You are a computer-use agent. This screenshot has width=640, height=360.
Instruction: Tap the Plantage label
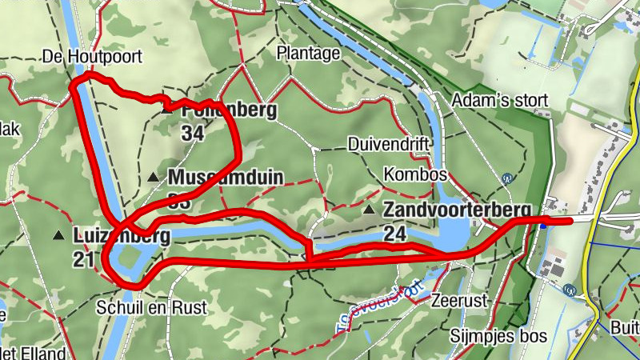click(308, 54)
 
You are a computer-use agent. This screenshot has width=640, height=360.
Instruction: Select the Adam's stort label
click(500, 101)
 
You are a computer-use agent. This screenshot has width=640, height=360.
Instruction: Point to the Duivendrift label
click(390, 144)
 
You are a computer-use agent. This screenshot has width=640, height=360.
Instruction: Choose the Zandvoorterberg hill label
click(457, 210)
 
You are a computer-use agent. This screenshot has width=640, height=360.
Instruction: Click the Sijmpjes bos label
click(498, 336)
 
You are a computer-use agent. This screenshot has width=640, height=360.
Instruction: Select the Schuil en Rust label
click(151, 307)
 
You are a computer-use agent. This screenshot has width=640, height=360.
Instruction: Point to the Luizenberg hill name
click(121, 236)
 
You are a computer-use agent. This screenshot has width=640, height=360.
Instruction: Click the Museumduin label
click(226, 177)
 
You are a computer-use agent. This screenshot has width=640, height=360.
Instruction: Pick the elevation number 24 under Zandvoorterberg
click(394, 234)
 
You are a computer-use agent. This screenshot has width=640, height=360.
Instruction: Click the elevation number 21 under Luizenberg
click(83, 258)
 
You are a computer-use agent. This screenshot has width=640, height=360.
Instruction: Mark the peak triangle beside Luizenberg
click(58, 235)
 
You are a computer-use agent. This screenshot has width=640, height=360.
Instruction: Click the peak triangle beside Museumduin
click(154, 176)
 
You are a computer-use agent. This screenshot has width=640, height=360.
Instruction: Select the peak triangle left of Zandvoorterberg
click(369, 210)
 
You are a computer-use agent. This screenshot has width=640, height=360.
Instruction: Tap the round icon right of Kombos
click(506, 179)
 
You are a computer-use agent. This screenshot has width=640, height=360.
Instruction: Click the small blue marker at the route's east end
click(544, 225)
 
